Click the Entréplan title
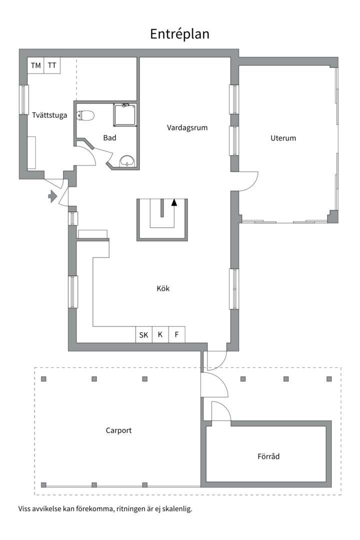(179, 34)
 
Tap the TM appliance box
(36, 65)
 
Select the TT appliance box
(52, 65)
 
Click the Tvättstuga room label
(49, 115)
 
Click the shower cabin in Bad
(124, 115)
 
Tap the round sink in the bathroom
(128, 161)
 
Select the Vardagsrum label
(187, 128)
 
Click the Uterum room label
(283, 138)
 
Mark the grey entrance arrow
(52, 196)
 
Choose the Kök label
(163, 288)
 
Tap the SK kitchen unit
(143, 334)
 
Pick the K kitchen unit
(160, 334)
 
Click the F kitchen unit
(176, 334)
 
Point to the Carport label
(119, 430)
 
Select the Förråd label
(268, 456)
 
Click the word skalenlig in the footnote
(177, 508)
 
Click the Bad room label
(109, 138)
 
